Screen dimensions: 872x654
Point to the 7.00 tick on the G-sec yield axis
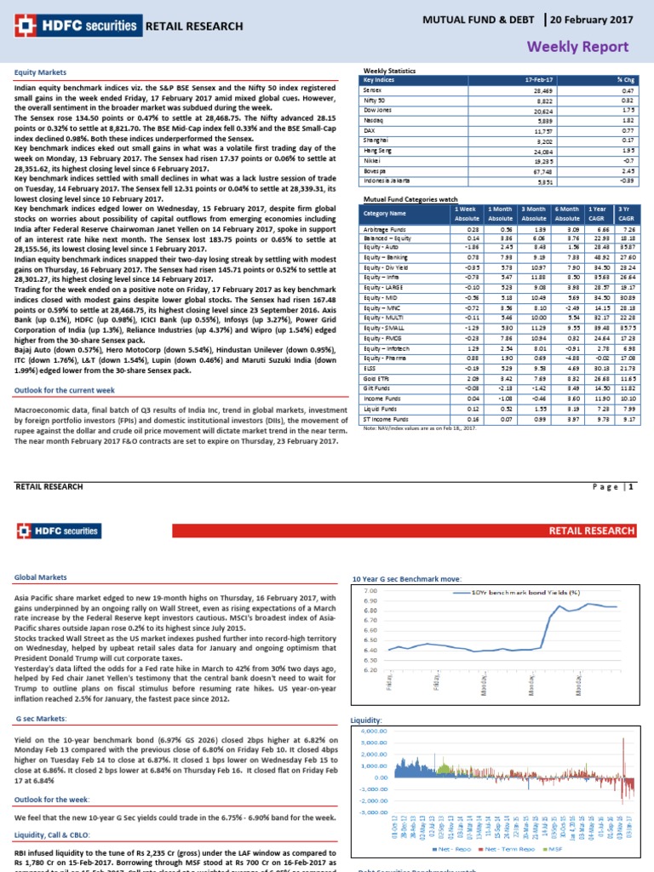pos(370,590)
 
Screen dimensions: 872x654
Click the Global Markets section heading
pos(39,577)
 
